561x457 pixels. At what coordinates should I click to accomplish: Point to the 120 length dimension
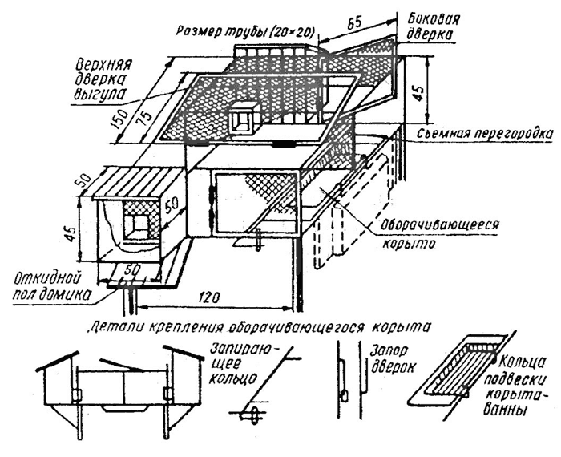[211, 296]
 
